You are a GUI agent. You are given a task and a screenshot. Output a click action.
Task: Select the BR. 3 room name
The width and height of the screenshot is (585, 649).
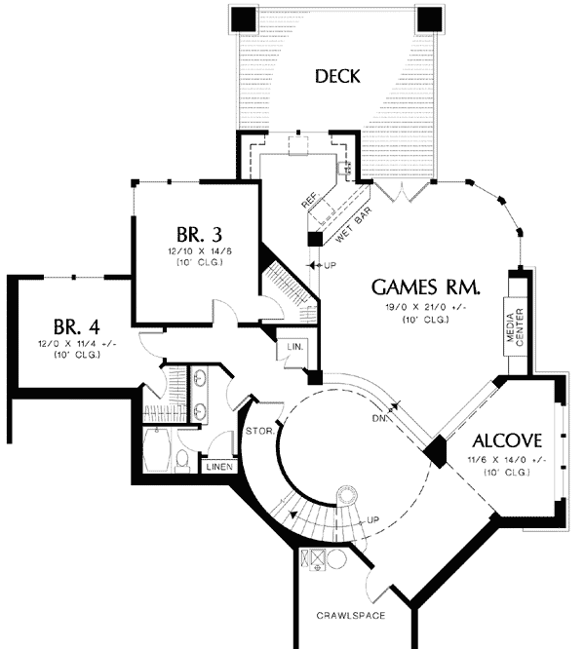(200, 235)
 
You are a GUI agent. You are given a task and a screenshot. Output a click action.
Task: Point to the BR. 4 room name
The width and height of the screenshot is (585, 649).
(77, 325)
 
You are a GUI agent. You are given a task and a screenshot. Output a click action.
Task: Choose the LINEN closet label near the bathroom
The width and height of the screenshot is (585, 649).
(218, 467)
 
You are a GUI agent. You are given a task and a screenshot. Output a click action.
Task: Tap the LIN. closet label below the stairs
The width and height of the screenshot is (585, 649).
(293, 347)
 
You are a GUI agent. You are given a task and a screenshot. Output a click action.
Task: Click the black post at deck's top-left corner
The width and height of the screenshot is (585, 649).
(243, 19)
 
